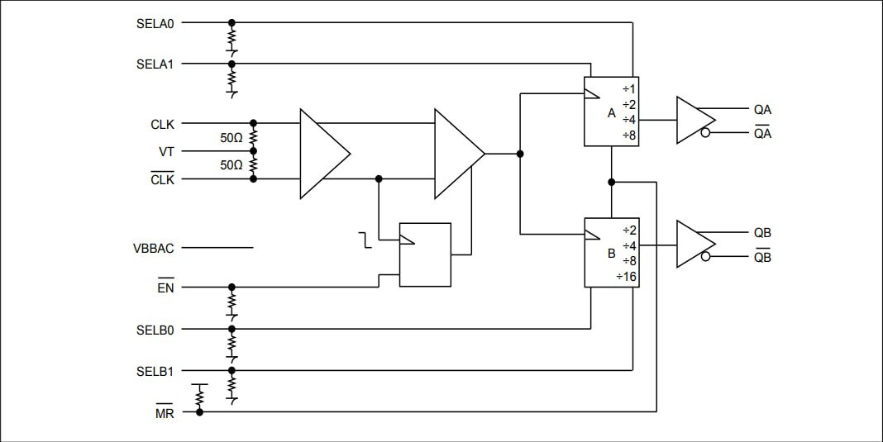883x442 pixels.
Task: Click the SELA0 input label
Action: (155, 23)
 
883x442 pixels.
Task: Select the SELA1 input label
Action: (155, 64)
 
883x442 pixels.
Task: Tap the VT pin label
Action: (166, 152)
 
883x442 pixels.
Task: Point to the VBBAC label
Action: (154, 248)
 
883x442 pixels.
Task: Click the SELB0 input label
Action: (155, 330)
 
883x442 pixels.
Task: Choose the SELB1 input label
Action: (155, 371)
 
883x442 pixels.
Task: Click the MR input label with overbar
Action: (165, 412)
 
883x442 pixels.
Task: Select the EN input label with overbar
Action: (165, 288)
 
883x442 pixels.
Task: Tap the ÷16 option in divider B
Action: (626, 277)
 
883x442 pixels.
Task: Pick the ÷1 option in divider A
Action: (628, 89)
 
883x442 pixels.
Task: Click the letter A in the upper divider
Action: (612, 113)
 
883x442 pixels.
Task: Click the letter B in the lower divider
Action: (612, 254)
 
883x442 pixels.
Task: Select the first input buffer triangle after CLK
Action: (322, 154)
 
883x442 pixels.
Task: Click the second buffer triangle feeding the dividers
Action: (457, 154)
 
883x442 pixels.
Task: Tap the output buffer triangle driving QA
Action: (693, 121)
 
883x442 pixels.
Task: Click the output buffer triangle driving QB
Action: (693, 244)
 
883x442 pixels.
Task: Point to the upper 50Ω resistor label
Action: (231, 139)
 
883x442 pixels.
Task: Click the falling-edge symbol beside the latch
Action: (364, 241)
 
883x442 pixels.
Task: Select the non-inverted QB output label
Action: (761, 233)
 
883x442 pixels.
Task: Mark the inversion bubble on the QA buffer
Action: (705, 133)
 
